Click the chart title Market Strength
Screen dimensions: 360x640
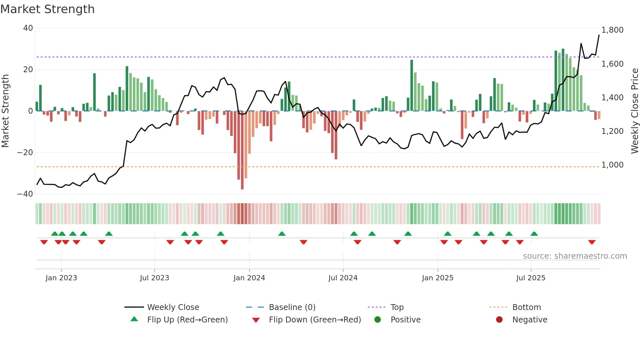pyautogui.click(x=47, y=9)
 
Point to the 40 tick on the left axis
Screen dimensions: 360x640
pyautogui.click(x=28, y=28)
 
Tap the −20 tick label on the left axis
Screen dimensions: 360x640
pyautogui.click(x=25, y=153)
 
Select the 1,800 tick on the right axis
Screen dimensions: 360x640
pyautogui.click(x=612, y=30)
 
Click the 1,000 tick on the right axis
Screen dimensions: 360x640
pyautogui.click(x=612, y=165)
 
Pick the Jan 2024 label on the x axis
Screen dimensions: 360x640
pyautogui.click(x=249, y=278)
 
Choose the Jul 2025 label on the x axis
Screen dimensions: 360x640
pyautogui.click(x=531, y=278)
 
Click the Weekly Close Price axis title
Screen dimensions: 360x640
pyautogui.click(x=634, y=111)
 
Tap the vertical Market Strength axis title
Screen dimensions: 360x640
pyautogui.click(x=6, y=111)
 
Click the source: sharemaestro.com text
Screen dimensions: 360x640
pyautogui.click(x=575, y=256)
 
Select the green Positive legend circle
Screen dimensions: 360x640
pyautogui.click(x=378, y=320)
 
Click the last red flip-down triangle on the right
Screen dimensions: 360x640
pyautogui.click(x=592, y=242)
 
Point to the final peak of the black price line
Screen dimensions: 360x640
pyautogui.click(x=599, y=35)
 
